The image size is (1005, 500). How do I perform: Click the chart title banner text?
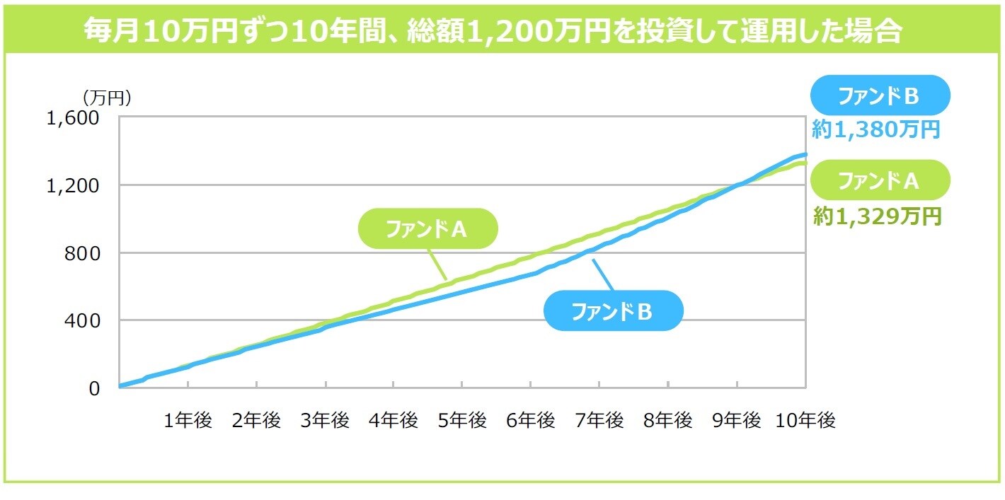(493, 31)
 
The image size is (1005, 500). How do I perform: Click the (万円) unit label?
(107, 97)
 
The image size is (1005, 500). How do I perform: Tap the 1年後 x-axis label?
(188, 421)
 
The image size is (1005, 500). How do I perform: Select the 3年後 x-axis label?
(326, 421)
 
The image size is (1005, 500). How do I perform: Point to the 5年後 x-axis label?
(463, 421)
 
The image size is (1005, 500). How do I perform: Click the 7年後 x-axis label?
(600, 421)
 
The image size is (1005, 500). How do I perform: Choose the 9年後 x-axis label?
(737, 421)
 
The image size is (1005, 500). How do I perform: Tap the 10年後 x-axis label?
(806, 421)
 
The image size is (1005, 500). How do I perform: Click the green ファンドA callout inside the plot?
(427, 228)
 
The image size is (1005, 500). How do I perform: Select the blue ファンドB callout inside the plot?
(613, 311)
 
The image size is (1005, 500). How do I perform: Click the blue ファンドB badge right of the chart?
(878, 96)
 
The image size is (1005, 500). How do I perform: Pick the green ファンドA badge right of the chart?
(878, 181)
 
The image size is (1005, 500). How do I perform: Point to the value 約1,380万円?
(875, 130)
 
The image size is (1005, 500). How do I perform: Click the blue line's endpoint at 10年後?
(805, 154)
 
